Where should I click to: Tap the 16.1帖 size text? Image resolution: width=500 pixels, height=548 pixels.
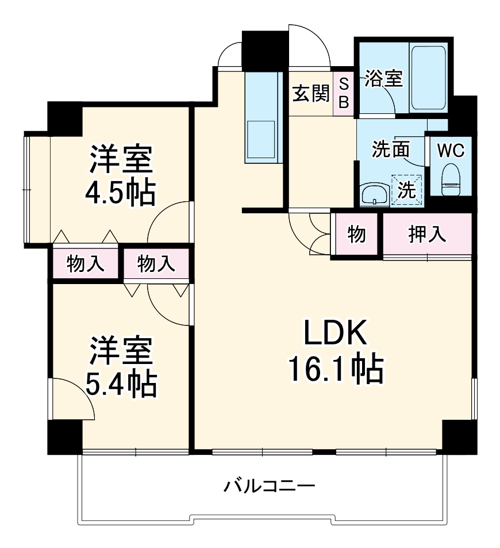click(335, 369)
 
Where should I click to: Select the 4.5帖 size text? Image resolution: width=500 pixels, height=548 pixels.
click(121, 194)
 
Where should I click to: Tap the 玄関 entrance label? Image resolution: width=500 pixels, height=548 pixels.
click(310, 93)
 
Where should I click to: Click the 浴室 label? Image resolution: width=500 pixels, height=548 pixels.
click(383, 79)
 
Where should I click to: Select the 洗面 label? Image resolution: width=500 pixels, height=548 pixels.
click(391, 150)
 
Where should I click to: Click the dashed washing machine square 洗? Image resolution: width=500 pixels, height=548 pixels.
click(407, 190)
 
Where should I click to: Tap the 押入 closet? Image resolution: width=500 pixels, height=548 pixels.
click(427, 235)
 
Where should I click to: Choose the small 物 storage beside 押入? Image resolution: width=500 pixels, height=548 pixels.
click(356, 235)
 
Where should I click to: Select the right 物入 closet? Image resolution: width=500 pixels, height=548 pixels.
click(156, 263)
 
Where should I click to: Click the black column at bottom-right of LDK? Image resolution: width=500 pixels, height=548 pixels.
click(459, 436)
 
